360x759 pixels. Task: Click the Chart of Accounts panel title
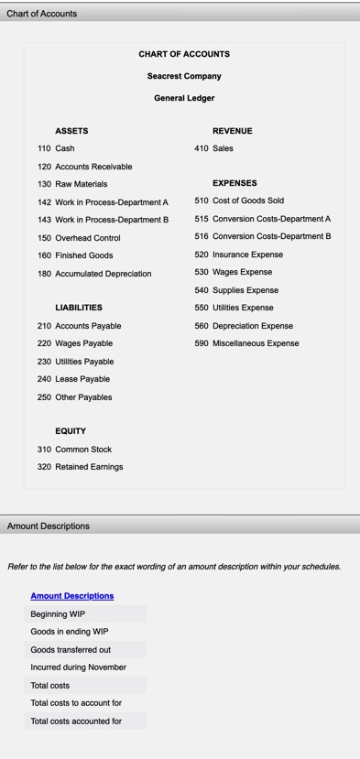point(42,14)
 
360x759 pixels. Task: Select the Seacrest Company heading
point(184,76)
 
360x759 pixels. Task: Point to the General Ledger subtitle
point(184,98)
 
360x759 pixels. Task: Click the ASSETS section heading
point(71,131)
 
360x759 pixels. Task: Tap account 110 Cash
point(57,148)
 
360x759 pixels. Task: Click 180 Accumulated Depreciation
point(94,274)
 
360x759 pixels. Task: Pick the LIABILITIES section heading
point(79,308)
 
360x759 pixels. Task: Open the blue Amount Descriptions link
point(72,596)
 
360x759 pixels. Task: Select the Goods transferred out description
point(71,649)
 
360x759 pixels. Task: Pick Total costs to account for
point(76,703)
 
